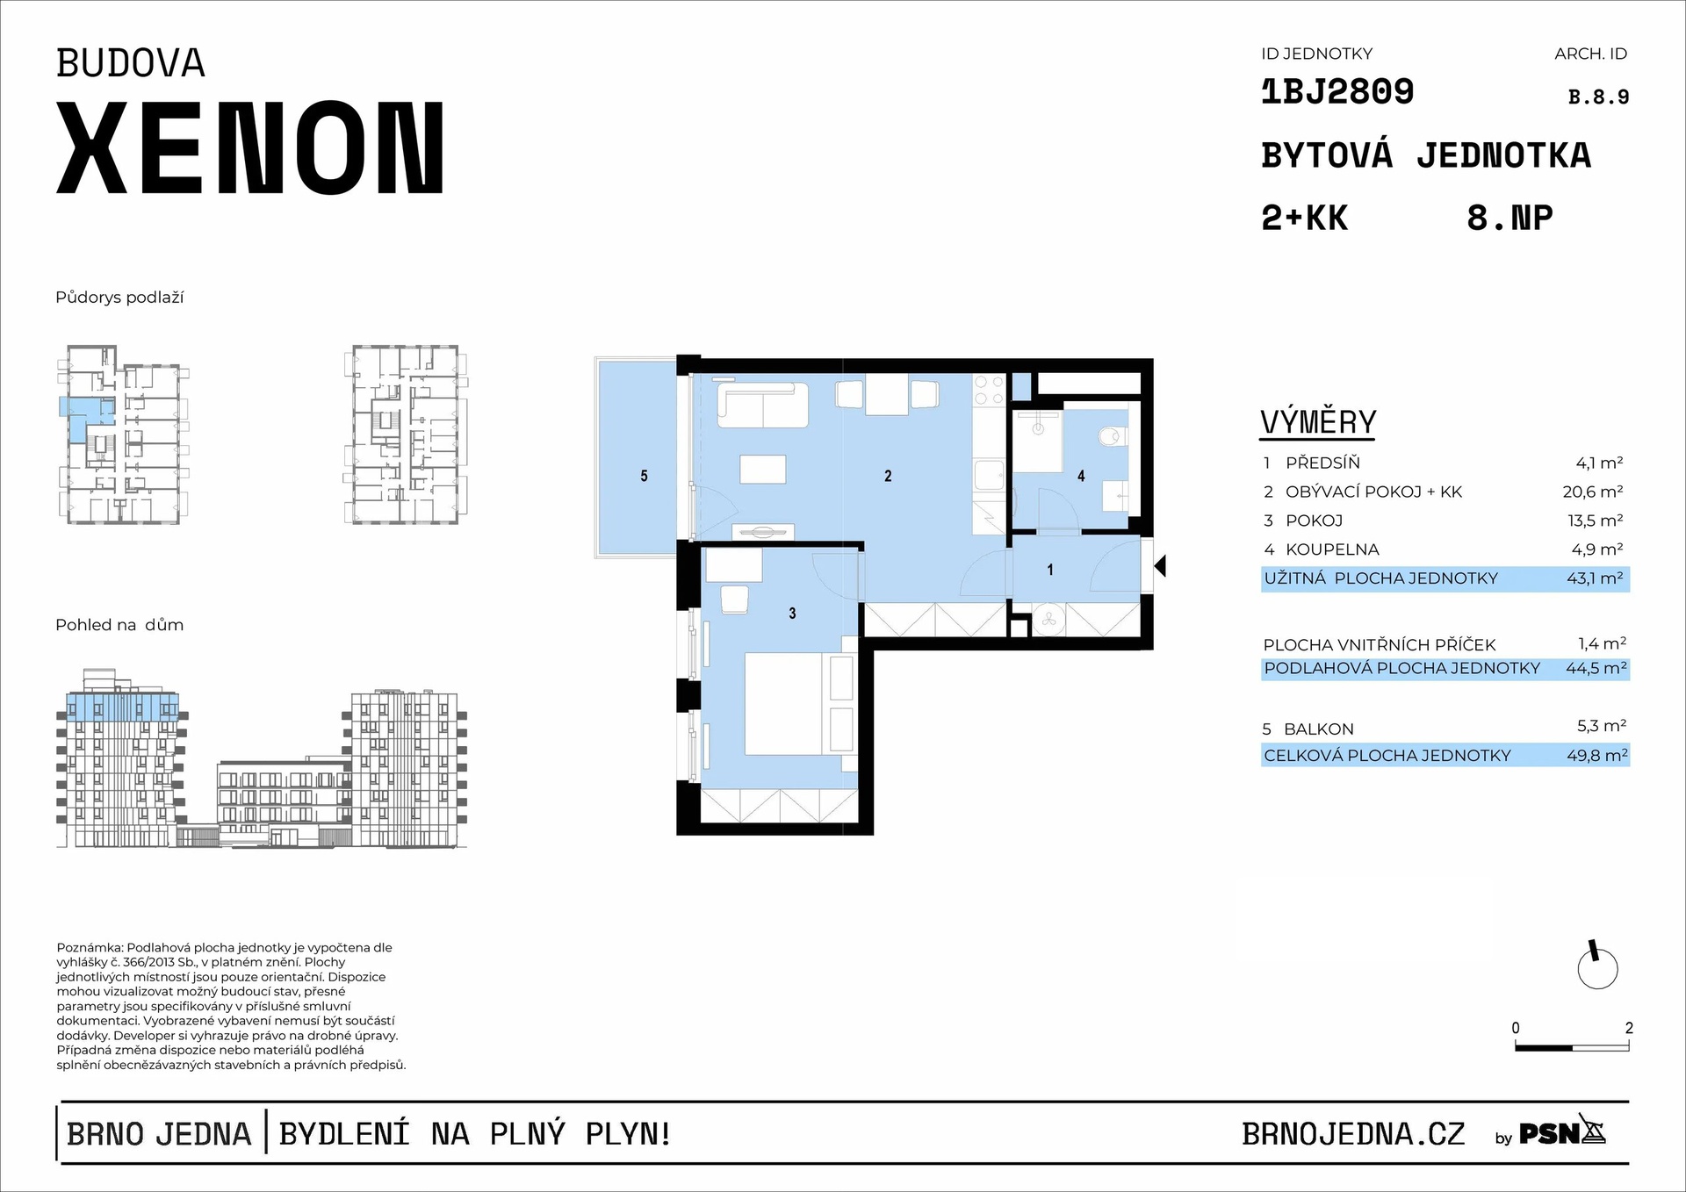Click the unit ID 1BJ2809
click(x=1337, y=92)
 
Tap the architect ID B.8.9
click(x=1598, y=97)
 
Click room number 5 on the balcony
click(x=644, y=476)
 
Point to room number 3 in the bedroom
click(x=792, y=614)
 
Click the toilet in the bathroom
click(x=1113, y=435)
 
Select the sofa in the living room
click(x=762, y=406)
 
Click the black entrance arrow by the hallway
click(x=1160, y=566)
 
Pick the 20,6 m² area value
click(x=1592, y=492)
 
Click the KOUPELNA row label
click(x=1331, y=550)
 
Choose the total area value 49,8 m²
click(x=1596, y=756)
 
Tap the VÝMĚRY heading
click(x=1318, y=422)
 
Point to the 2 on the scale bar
click(x=1629, y=1028)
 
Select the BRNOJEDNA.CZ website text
click(x=1353, y=1134)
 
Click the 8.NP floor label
click(x=1509, y=218)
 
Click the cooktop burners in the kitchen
click(x=989, y=391)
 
